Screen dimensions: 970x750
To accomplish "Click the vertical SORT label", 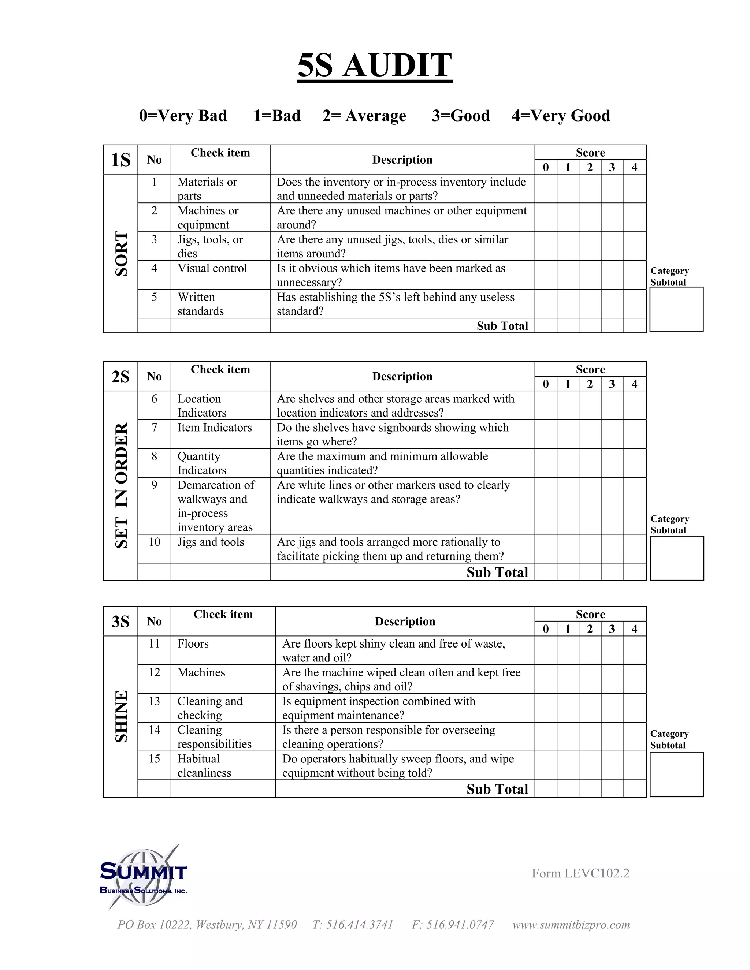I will pyautogui.click(x=121, y=253).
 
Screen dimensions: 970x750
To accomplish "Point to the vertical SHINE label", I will pyautogui.click(x=121, y=716).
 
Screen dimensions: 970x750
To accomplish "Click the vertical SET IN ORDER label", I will pyautogui.click(x=121, y=485).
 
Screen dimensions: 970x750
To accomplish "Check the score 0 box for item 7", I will pyautogui.click(x=546, y=434).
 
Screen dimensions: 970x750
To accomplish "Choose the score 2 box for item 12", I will pyautogui.click(x=590, y=679).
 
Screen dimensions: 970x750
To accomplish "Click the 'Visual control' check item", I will pyautogui.click(x=212, y=268).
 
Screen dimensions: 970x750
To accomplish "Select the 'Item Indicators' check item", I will pyautogui.click(x=215, y=427).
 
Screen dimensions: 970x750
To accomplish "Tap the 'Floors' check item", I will pyautogui.click(x=193, y=643).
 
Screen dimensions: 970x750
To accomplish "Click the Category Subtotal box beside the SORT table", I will pyautogui.click(x=676, y=309).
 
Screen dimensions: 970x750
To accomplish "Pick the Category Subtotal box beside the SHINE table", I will pyautogui.click(x=676, y=775).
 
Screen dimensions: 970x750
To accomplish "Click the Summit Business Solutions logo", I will pyautogui.click(x=143, y=878).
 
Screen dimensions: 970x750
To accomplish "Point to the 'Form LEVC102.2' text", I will pyautogui.click(x=580, y=873).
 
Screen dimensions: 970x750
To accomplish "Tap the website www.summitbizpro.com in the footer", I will pyautogui.click(x=571, y=924).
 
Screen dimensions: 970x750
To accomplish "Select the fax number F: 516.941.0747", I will pyautogui.click(x=453, y=924).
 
